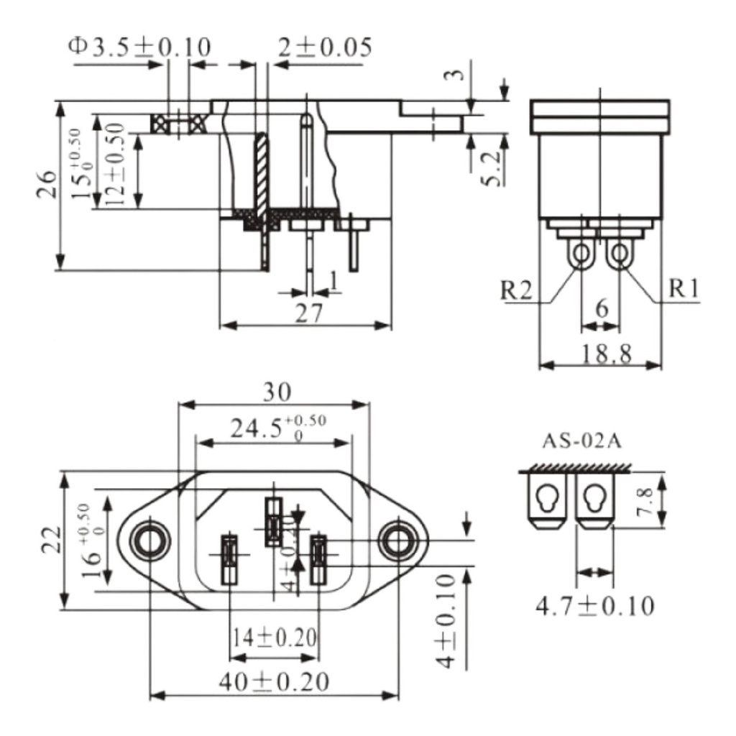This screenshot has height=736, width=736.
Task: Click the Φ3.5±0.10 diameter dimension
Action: [140, 47]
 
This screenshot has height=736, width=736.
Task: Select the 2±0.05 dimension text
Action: [324, 47]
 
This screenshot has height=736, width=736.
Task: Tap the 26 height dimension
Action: [45, 185]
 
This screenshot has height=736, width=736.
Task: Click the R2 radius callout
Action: [518, 290]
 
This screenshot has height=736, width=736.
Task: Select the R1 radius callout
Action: [684, 289]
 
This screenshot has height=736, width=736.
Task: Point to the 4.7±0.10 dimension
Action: [595, 606]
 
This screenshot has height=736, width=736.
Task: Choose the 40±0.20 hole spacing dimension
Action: [275, 680]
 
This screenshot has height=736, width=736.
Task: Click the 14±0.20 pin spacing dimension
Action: [274, 637]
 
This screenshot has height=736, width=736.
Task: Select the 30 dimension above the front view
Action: [275, 392]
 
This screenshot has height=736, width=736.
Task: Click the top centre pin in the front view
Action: [273, 521]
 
